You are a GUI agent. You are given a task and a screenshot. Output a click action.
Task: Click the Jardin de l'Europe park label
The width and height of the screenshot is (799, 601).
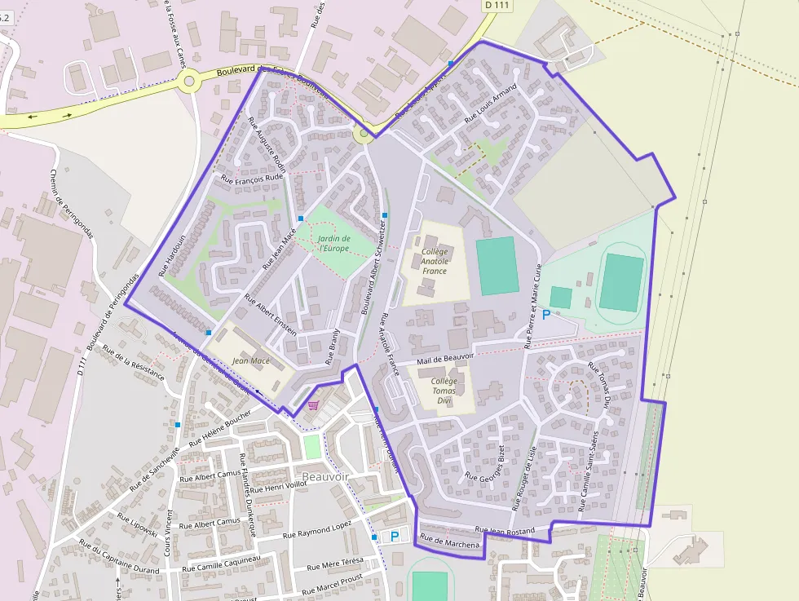coord(334,242)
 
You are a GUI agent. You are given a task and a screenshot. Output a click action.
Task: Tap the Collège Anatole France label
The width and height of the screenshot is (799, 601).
coord(435,261)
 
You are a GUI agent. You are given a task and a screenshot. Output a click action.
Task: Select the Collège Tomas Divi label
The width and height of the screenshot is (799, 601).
coord(444,391)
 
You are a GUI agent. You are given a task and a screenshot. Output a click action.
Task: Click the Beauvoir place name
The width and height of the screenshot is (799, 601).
coord(325,476)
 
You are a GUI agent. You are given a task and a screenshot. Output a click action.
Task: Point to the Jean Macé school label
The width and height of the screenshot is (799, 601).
coord(251,360)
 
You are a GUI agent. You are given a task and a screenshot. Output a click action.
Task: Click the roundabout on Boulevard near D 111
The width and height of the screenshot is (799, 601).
coord(191,81)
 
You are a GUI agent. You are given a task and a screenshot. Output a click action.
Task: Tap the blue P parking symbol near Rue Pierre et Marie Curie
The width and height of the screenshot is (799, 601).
coord(545,314)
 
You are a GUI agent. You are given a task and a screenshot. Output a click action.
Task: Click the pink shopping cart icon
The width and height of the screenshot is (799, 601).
coord(313,404)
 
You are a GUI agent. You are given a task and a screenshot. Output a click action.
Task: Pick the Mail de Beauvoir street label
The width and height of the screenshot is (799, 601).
coord(445,358)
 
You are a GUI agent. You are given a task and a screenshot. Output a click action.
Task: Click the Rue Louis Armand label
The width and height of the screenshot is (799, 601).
coord(491,104)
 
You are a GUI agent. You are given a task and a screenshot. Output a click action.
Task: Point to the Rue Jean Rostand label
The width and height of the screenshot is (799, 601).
coord(505,531)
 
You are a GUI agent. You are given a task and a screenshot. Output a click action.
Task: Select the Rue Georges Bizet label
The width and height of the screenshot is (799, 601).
coord(485,466)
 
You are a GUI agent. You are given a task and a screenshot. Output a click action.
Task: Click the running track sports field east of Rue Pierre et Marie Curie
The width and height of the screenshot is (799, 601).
coord(621,282)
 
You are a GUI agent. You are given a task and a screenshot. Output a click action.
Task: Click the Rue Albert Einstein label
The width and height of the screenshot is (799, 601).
coord(271,312)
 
